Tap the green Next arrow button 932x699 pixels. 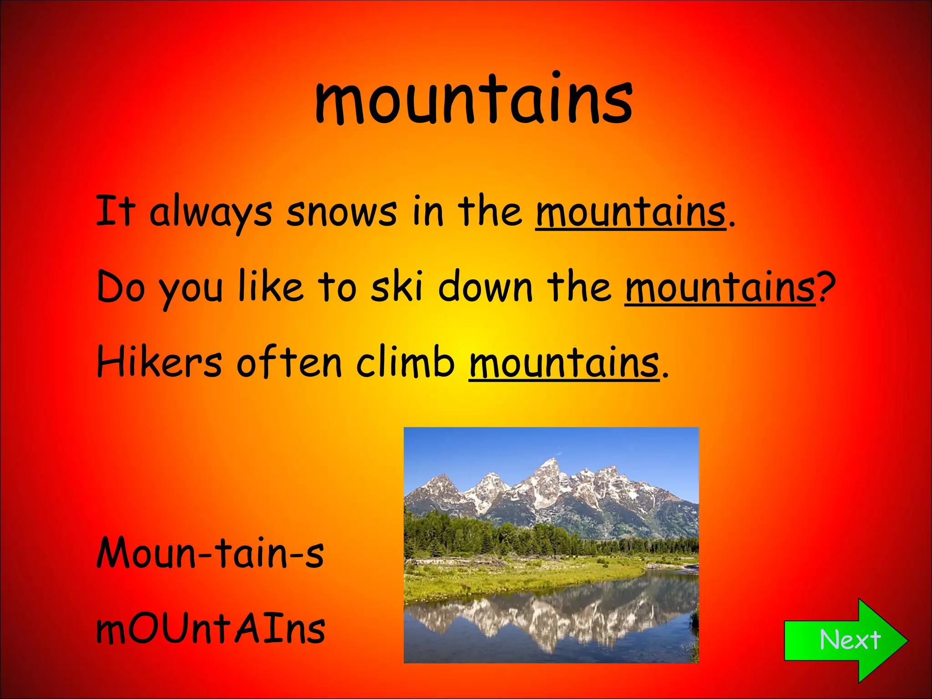(846, 640)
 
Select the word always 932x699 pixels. (210, 213)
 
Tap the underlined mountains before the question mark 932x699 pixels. (720, 288)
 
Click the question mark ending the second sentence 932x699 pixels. (826, 288)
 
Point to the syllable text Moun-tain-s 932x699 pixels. (210, 552)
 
